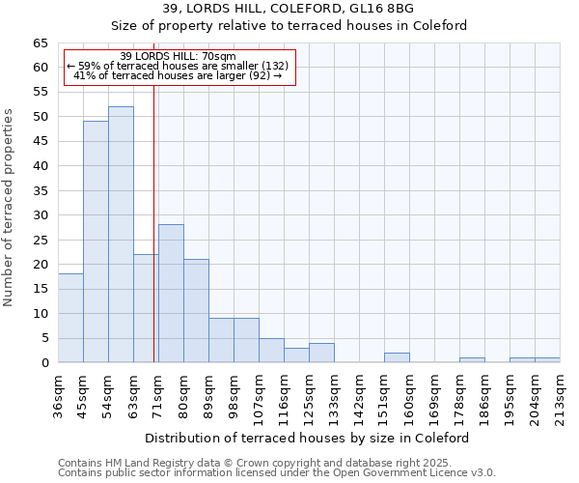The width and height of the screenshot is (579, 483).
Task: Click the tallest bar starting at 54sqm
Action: [121, 235]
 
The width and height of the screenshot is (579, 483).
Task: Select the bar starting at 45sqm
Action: [96, 241]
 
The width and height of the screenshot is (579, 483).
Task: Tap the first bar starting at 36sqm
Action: [70, 318]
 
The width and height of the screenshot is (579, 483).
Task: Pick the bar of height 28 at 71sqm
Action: [171, 294]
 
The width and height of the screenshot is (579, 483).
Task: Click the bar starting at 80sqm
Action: [196, 311]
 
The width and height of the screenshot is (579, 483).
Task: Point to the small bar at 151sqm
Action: [397, 357]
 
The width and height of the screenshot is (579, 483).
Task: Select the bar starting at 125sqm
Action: [321, 353]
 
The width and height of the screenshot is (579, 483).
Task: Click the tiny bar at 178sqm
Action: [472, 360]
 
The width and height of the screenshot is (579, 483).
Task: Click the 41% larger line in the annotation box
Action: [178, 75]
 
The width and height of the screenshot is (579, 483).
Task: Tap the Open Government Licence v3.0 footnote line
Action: [277, 473]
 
